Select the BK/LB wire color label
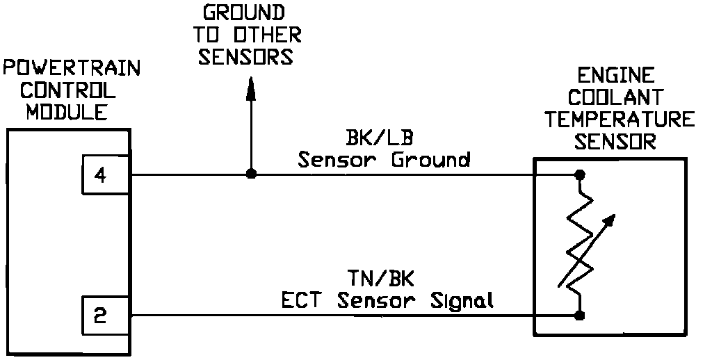(x=384, y=138)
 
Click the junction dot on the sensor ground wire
(x=251, y=174)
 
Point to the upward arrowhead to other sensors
(x=251, y=85)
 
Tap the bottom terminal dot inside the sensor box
(x=578, y=316)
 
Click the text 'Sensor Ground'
(x=384, y=160)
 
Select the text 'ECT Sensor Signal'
(x=387, y=301)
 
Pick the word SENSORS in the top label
(x=245, y=57)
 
